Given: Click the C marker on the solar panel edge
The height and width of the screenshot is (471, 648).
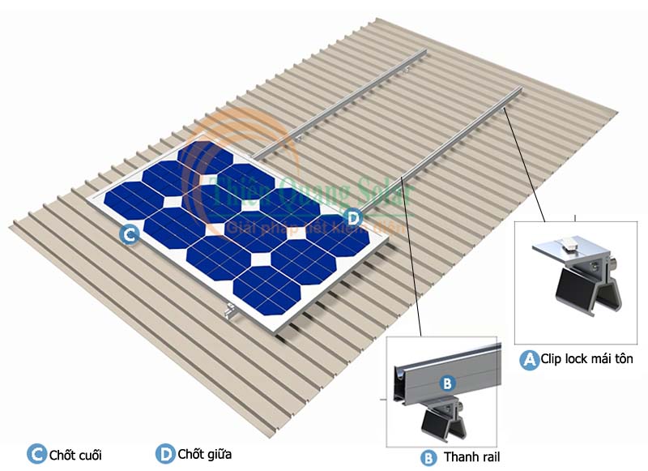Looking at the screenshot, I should [x=128, y=236].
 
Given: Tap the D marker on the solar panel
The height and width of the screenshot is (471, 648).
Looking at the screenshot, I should [x=352, y=217].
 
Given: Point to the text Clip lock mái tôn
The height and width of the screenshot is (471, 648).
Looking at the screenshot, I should [x=588, y=358].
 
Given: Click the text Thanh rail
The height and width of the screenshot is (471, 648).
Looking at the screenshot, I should [x=472, y=457].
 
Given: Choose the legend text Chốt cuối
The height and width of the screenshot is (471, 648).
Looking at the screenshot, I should [x=75, y=455].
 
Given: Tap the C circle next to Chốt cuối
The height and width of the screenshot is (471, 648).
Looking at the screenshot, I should [x=37, y=454].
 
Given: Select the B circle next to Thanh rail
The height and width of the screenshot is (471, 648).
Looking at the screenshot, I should [x=428, y=457].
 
